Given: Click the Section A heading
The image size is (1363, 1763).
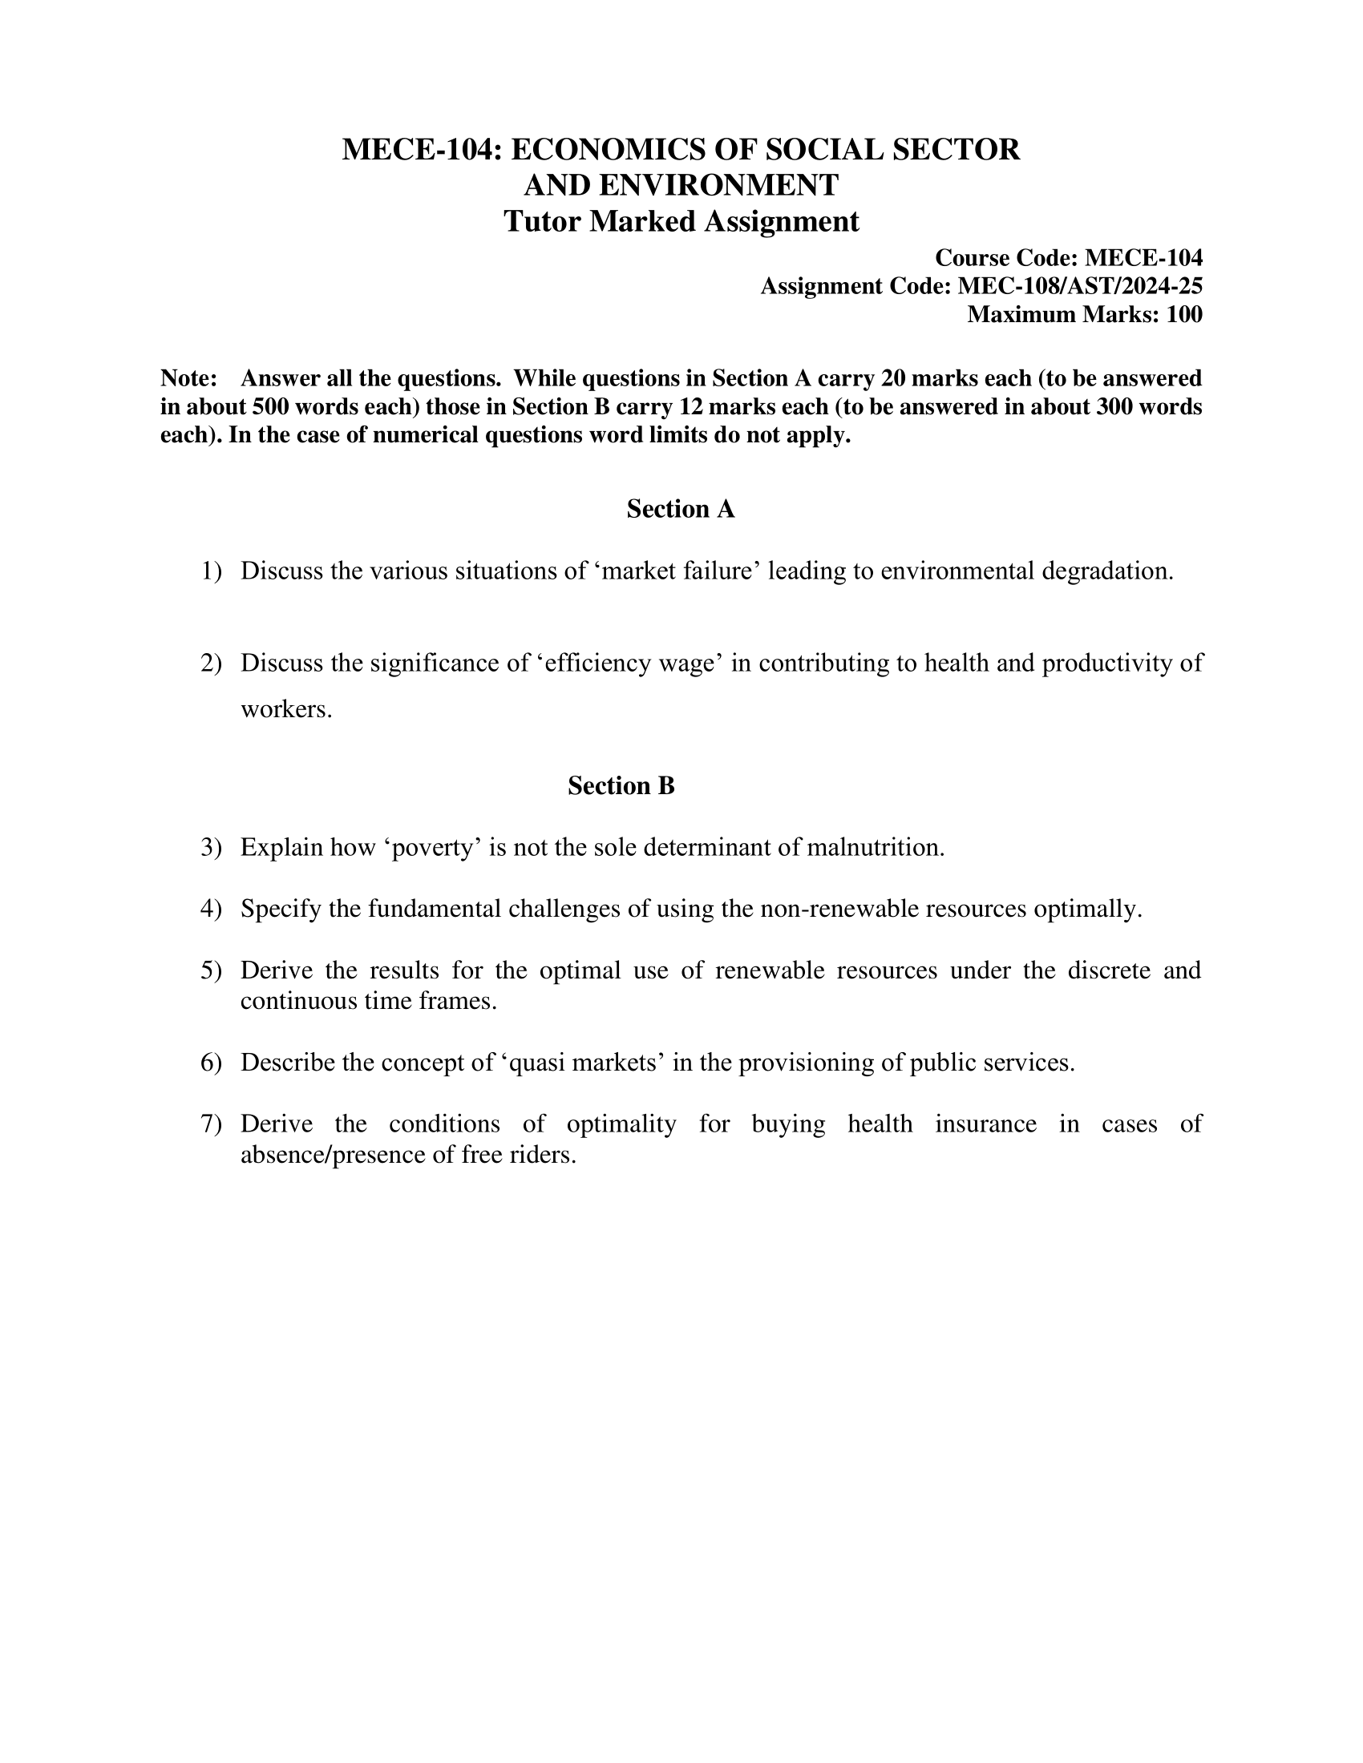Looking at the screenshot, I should (x=681, y=510).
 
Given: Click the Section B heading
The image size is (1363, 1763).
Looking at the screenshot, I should (x=621, y=785).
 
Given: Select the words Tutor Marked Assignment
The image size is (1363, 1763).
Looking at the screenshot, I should (x=681, y=221).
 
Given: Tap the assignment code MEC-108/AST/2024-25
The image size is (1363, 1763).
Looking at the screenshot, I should (x=1080, y=286).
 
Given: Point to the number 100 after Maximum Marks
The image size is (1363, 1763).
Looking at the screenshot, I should (x=1183, y=314).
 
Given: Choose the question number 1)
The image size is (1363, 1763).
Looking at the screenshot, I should (x=210, y=571).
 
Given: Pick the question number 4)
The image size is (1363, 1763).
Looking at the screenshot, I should (x=210, y=909).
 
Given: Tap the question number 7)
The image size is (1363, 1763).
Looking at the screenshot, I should (x=210, y=1124).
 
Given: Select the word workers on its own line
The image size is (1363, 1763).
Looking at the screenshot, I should (x=286, y=709).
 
